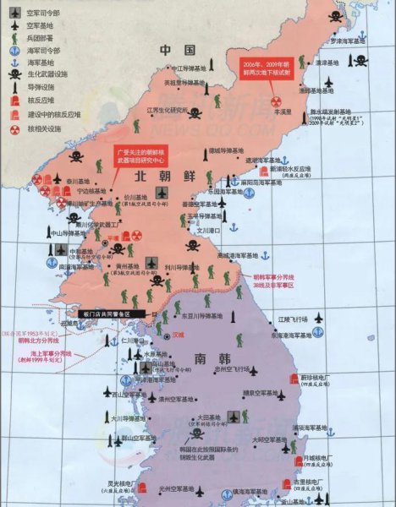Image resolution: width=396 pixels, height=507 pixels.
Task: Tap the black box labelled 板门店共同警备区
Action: pyautogui.click(x=109, y=313)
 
